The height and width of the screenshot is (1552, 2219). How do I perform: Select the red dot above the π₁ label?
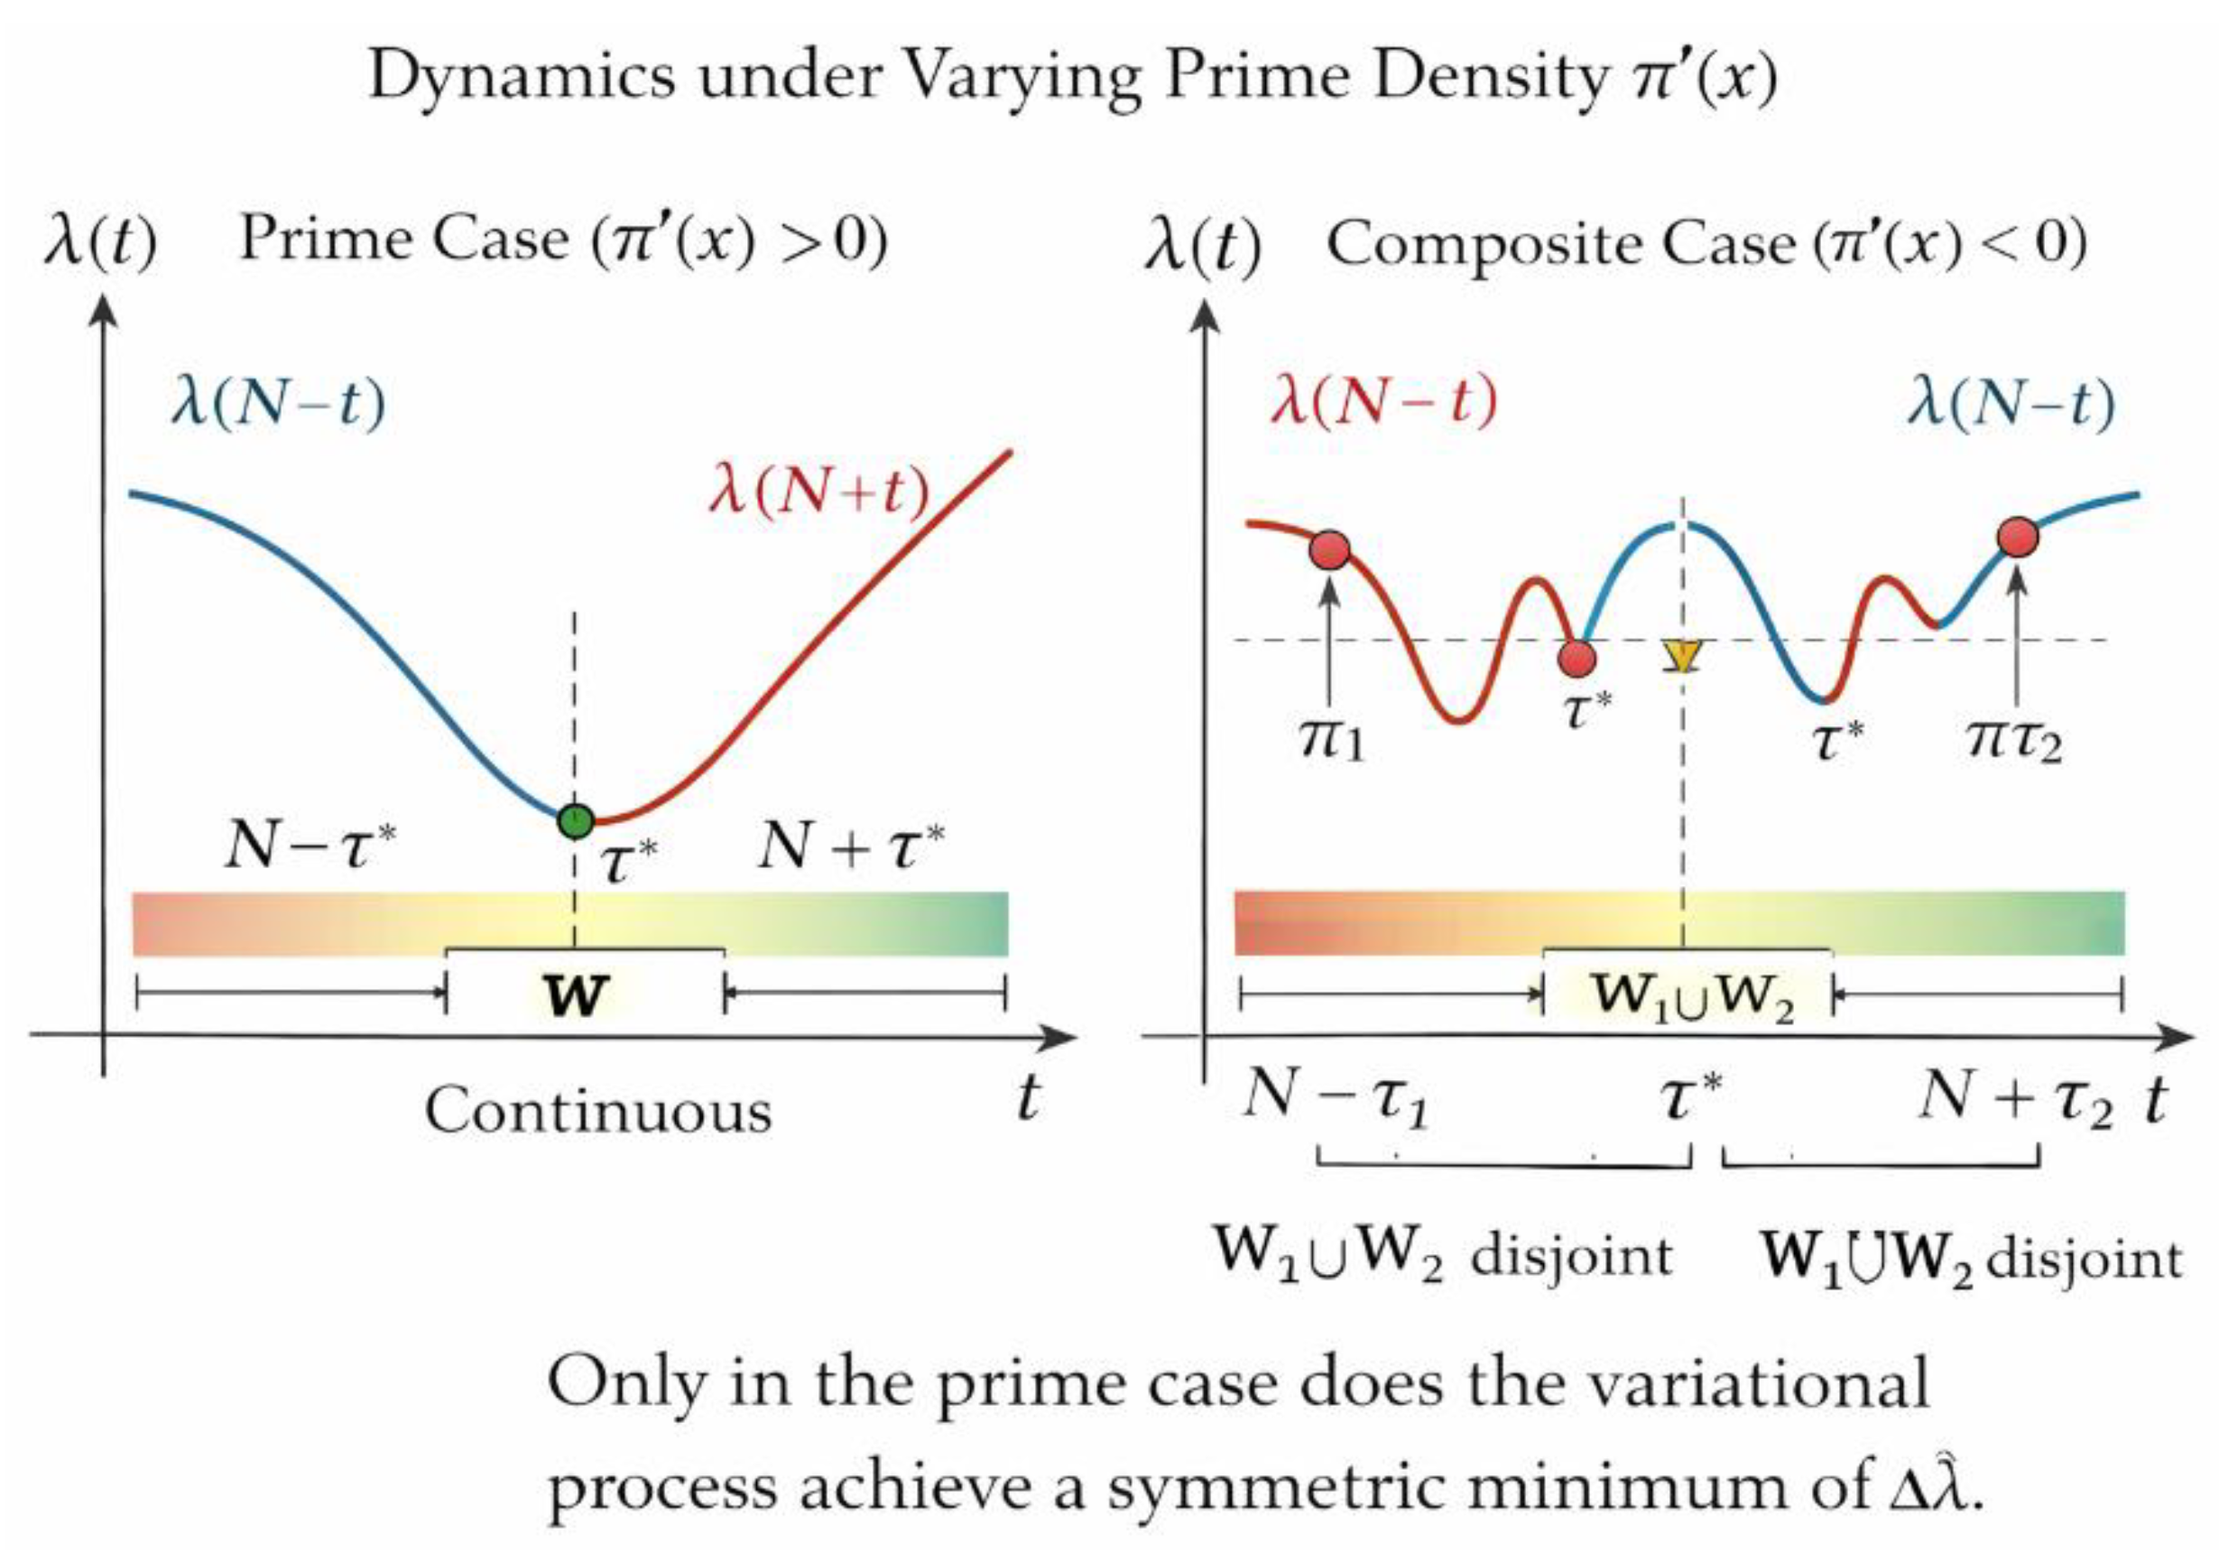pos(1330,550)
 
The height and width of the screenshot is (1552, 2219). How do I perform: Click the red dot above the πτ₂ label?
pos(2017,536)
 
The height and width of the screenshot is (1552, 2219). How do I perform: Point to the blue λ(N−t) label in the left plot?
pos(278,404)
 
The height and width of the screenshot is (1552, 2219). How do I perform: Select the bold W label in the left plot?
pos(576,994)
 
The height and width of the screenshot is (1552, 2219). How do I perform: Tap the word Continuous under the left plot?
pos(598,1113)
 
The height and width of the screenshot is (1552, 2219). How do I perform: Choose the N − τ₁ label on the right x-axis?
pos(1336,1100)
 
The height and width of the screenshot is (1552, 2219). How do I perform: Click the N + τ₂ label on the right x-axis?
pos(2015,1100)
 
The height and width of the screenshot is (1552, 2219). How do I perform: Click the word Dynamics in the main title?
pos(522,76)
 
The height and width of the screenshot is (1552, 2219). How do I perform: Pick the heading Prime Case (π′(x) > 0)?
pos(562,240)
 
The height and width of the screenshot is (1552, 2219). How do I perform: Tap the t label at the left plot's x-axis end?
pos(1029,1099)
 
